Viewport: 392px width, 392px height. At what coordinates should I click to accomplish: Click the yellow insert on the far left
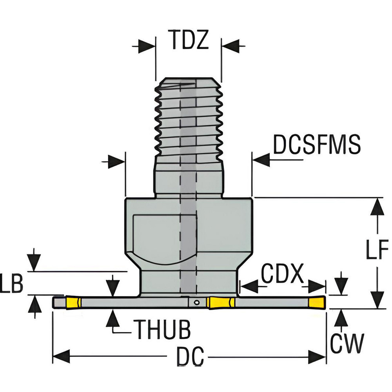pos(73,303)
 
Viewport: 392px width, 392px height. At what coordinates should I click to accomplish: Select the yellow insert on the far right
pos(317,302)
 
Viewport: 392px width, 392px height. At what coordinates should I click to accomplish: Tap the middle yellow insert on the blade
pos(221,302)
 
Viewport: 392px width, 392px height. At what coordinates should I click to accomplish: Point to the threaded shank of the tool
pos(189,118)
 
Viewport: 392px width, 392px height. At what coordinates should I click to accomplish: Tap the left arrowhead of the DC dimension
pos(61,357)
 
